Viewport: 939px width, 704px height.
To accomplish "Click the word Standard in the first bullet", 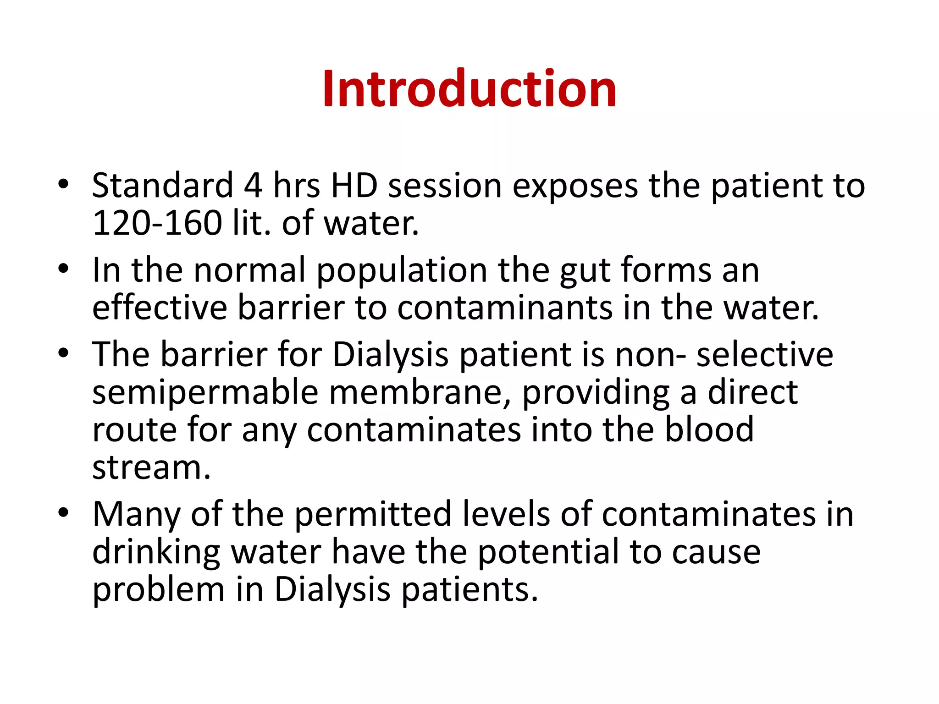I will pos(162,185).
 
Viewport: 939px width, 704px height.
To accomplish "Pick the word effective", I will pos(160,308).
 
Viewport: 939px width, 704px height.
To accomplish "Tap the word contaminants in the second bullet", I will pos(504,308).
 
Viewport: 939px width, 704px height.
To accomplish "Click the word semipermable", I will pos(205,393).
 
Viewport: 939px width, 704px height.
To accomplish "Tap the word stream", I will pos(151,467).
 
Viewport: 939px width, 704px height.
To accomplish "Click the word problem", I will pos(158,591).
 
